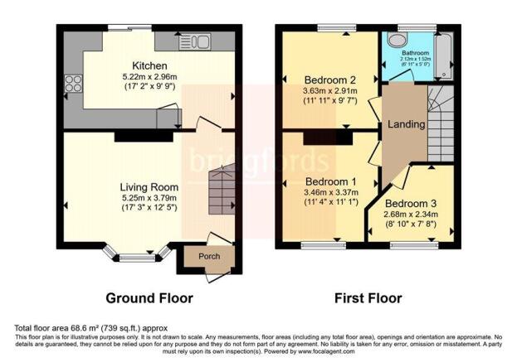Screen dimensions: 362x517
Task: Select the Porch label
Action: coord(209,257)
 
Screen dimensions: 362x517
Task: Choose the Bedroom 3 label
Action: coord(411,203)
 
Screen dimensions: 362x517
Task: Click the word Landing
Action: coord(406,124)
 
